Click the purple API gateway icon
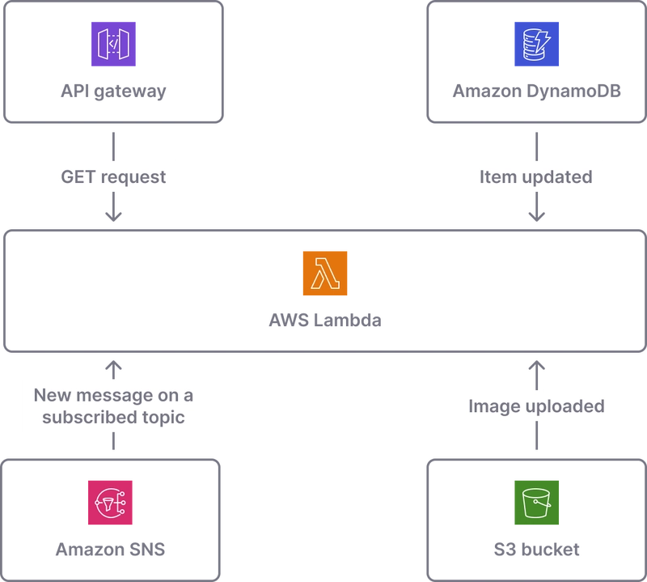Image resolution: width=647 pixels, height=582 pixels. [113, 44]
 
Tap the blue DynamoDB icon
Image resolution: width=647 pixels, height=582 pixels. [536, 44]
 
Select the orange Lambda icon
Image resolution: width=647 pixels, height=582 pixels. [325, 274]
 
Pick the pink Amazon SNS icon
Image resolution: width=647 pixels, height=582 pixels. [110, 503]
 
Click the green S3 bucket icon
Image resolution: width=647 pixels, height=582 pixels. [536, 503]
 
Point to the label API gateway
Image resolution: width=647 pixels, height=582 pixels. [113, 91]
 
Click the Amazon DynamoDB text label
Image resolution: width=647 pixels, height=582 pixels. [536, 91]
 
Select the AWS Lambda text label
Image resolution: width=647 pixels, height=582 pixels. [325, 320]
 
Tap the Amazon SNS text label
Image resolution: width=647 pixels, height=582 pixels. [110, 550]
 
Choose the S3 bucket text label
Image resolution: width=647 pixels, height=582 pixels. [536, 550]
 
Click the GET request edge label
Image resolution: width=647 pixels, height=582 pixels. [113, 177]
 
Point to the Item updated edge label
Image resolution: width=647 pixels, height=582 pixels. [536, 177]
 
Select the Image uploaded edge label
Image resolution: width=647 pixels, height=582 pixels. [536, 406]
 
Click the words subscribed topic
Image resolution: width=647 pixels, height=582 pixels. [113, 418]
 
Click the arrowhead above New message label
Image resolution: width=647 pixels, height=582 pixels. [113, 366]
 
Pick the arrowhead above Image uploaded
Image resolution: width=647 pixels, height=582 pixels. [536, 366]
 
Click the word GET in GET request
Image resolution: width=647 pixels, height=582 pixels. [78, 176]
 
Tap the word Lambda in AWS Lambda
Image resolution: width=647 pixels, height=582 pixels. [348, 320]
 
